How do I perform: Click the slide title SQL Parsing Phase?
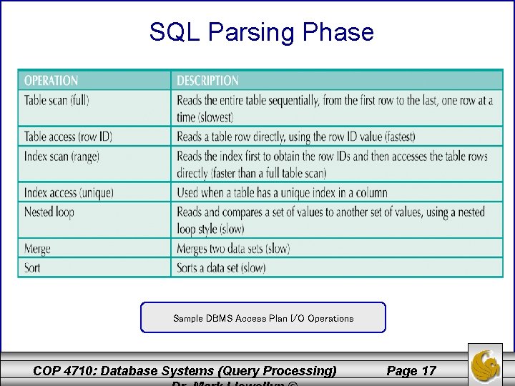coord(261,32)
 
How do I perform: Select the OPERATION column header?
coord(51,81)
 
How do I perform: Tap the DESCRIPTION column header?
coord(207,81)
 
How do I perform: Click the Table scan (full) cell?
coord(57,100)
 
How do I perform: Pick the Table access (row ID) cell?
coord(68,137)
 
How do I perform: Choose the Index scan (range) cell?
coord(62,156)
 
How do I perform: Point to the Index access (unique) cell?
coord(69,192)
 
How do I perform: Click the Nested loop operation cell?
coord(49,212)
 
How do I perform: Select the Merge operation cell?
coord(37,249)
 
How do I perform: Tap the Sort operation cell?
coord(32,267)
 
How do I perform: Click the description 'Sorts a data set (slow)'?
coord(221,267)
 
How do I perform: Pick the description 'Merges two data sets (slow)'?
coord(233,249)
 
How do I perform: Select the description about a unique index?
coord(282,192)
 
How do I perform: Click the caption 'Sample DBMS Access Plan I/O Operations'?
coord(263,318)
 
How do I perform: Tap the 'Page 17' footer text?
coord(411,370)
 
